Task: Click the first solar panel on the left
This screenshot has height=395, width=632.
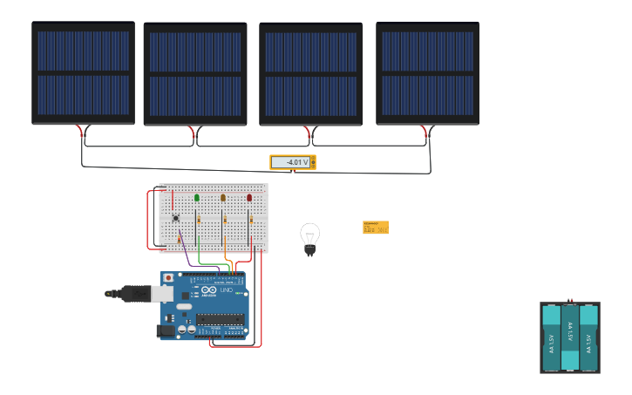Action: pyautogui.click(x=83, y=73)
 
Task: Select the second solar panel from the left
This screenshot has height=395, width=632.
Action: pyautogui.click(x=195, y=75)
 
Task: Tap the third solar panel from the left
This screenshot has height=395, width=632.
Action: pyautogui.click(x=310, y=75)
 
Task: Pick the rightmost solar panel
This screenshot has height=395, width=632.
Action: pyautogui.click(x=427, y=73)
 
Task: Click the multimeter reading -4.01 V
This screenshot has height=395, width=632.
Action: pyautogui.click(x=293, y=162)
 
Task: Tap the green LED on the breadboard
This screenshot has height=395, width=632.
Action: pyautogui.click(x=197, y=198)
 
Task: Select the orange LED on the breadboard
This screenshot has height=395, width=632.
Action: pyautogui.click(x=223, y=198)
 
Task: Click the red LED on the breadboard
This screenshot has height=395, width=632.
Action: pyautogui.click(x=249, y=198)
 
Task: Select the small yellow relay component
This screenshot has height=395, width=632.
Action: pyautogui.click(x=376, y=227)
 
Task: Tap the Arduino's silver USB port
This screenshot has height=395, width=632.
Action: pyautogui.click(x=163, y=295)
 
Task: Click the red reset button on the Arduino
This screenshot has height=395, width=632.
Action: pyautogui.click(x=168, y=278)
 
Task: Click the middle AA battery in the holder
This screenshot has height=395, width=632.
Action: pyautogui.click(x=570, y=337)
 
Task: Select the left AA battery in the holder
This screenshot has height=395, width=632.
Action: pyautogui.click(x=551, y=337)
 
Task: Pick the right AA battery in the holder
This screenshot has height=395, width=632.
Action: pyautogui.click(x=589, y=337)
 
